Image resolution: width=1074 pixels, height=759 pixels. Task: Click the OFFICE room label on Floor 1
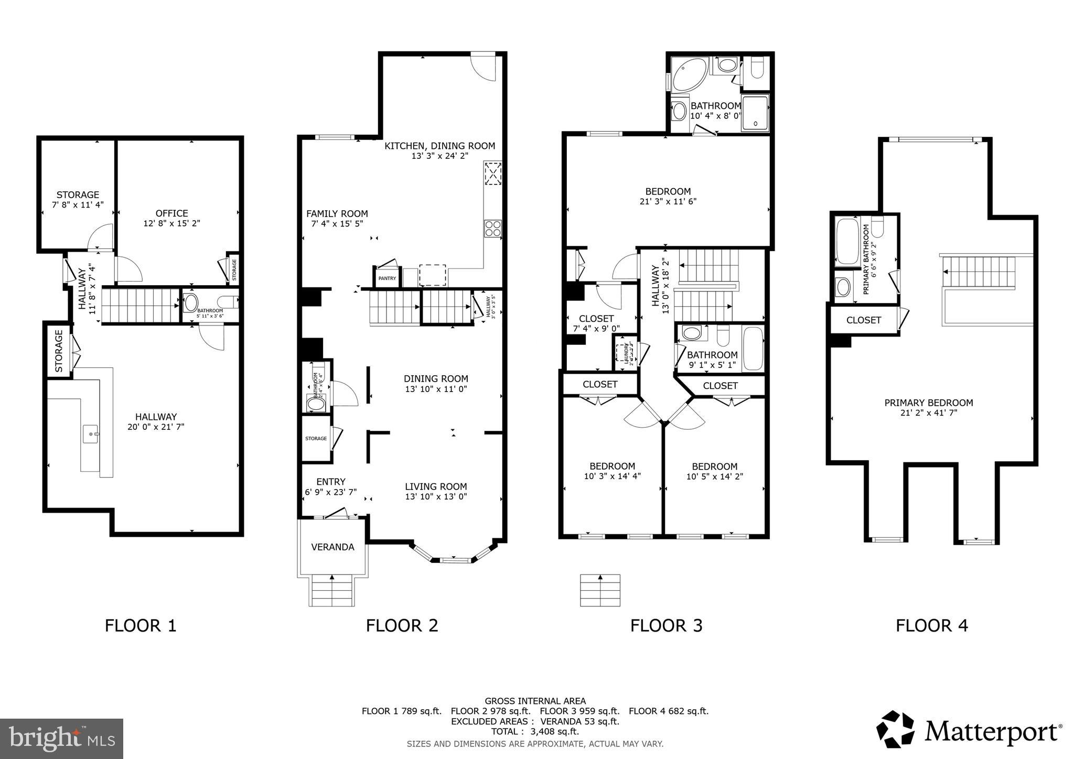(171, 213)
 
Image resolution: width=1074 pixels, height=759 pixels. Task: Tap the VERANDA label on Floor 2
(332, 547)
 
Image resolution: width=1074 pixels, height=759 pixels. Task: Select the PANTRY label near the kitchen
(387, 278)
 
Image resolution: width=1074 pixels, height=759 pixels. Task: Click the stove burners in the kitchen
(492, 228)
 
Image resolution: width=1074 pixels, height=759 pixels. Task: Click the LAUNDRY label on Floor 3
(626, 354)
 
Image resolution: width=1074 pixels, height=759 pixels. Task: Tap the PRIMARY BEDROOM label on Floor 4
(928, 403)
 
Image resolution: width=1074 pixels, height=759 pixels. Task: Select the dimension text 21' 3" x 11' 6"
(668, 201)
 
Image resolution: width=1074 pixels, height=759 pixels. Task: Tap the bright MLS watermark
(62, 739)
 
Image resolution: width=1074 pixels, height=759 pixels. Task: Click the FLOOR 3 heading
(666, 625)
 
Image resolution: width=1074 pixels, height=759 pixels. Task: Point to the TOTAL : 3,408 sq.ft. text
(535, 731)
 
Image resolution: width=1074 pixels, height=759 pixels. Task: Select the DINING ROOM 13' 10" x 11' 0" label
(436, 383)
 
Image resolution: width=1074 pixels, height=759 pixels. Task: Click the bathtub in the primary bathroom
(847, 242)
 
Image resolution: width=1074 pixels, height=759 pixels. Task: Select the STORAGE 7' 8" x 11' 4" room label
(78, 200)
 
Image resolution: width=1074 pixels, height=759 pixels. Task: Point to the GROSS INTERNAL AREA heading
(535, 701)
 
